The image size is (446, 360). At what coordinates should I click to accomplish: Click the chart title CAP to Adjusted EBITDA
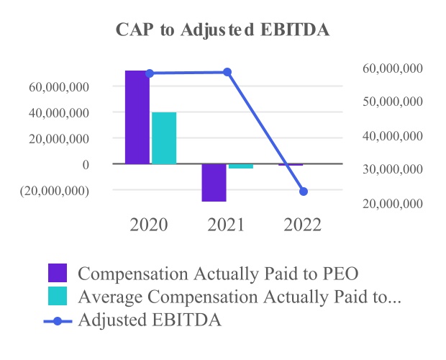223,31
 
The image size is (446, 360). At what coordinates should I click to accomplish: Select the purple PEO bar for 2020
137,117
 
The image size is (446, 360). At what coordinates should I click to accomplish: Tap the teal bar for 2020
164,138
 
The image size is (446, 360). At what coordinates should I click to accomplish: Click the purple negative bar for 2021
214,183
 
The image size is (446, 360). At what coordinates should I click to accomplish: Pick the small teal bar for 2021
241,166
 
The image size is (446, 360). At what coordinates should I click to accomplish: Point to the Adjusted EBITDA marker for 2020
150,73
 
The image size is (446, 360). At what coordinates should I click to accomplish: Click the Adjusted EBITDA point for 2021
227,72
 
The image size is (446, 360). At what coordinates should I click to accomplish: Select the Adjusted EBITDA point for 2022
304,192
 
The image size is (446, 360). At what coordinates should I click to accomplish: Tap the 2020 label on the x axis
149,224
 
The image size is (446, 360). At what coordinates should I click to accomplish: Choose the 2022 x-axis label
303,224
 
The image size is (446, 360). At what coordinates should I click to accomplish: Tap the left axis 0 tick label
86,165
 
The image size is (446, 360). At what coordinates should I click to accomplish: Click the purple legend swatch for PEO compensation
58,274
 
